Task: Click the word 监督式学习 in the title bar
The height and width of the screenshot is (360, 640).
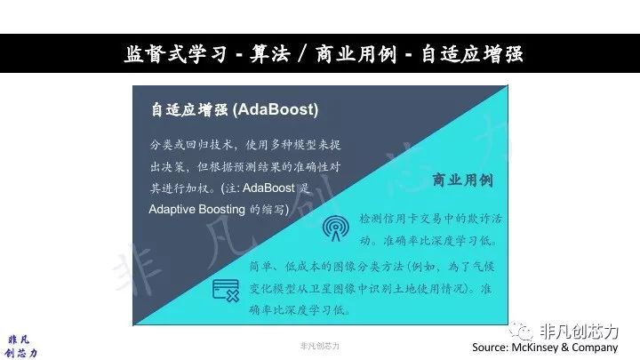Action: point(175,54)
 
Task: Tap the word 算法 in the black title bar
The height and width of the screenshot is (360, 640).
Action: point(270,54)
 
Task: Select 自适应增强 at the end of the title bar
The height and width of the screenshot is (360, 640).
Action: point(471,54)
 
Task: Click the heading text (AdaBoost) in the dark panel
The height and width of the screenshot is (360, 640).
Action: point(276,109)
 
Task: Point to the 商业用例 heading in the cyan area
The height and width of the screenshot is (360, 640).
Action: point(463,180)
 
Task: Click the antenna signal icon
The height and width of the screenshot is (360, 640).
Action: point(335,228)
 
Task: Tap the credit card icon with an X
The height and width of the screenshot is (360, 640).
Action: point(226,290)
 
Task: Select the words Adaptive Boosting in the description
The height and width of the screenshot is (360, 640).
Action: point(196,210)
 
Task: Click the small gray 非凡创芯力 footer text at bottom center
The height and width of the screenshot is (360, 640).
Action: point(320,346)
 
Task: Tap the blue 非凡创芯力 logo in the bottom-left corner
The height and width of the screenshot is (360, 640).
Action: point(21,346)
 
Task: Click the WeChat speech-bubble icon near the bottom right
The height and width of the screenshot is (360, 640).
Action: point(521,331)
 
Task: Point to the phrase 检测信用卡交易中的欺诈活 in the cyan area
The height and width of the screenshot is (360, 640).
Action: point(430,219)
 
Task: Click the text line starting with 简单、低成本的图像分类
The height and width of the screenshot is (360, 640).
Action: point(372,267)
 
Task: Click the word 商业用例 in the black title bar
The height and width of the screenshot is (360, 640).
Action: point(356,54)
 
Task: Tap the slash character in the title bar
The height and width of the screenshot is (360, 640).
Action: point(303,54)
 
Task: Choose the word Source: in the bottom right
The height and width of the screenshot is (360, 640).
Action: point(490,348)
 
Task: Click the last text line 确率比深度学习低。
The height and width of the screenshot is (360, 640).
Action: point(300,310)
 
